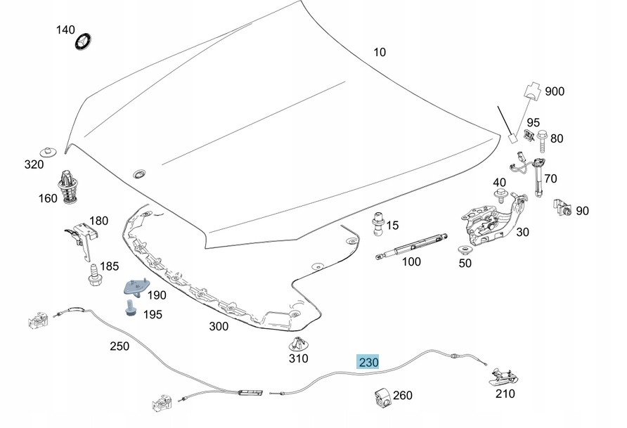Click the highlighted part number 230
coord(368,362)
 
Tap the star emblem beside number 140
coord(83,41)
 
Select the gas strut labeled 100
coord(411,247)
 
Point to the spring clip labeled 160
coord(68,187)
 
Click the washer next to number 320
coord(49,153)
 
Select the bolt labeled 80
coord(542,141)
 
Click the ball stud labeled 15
coord(378,223)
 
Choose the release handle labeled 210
coord(504,377)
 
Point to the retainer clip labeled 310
coord(298,344)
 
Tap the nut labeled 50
coord(465,251)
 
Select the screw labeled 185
coord(95,275)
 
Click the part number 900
coord(555,91)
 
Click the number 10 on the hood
coord(380,52)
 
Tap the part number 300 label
coord(219,327)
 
